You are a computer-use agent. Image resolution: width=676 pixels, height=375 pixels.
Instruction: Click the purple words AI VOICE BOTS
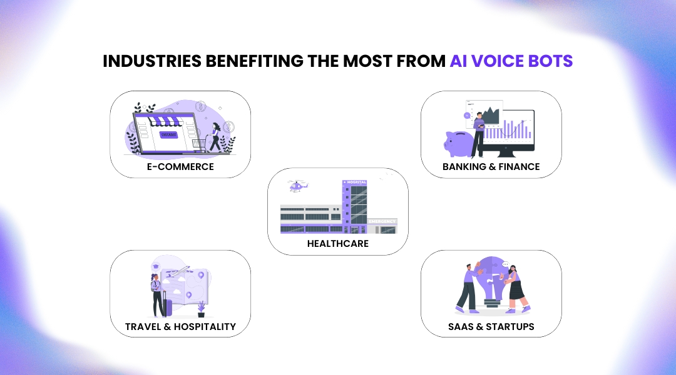click(x=511, y=61)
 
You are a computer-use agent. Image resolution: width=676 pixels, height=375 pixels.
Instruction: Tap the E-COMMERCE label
click(x=180, y=167)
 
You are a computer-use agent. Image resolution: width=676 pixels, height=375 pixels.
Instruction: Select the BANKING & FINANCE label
click(x=491, y=167)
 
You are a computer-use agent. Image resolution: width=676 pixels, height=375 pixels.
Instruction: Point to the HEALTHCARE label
click(x=338, y=244)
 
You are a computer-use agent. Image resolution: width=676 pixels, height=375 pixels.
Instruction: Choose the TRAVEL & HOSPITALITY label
click(x=180, y=326)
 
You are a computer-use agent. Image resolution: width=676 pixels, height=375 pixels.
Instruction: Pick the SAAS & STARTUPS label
click(x=491, y=326)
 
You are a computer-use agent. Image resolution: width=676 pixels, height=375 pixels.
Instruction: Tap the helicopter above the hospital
click(x=297, y=186)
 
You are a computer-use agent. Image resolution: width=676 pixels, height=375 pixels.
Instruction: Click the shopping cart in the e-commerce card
click(x=200, y=145)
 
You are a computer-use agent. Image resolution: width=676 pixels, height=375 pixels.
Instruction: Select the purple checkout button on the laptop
click(x=169, y=134)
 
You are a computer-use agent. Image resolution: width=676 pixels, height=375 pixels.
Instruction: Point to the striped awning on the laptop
click(x=163, y=119)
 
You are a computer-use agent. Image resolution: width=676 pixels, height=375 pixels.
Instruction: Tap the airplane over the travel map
click(x=181, y=271)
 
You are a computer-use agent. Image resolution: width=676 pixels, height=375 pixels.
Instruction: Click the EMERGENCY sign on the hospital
click(x=382, y=221)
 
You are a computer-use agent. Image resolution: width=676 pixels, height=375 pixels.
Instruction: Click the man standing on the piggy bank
click(x=478, y=132)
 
